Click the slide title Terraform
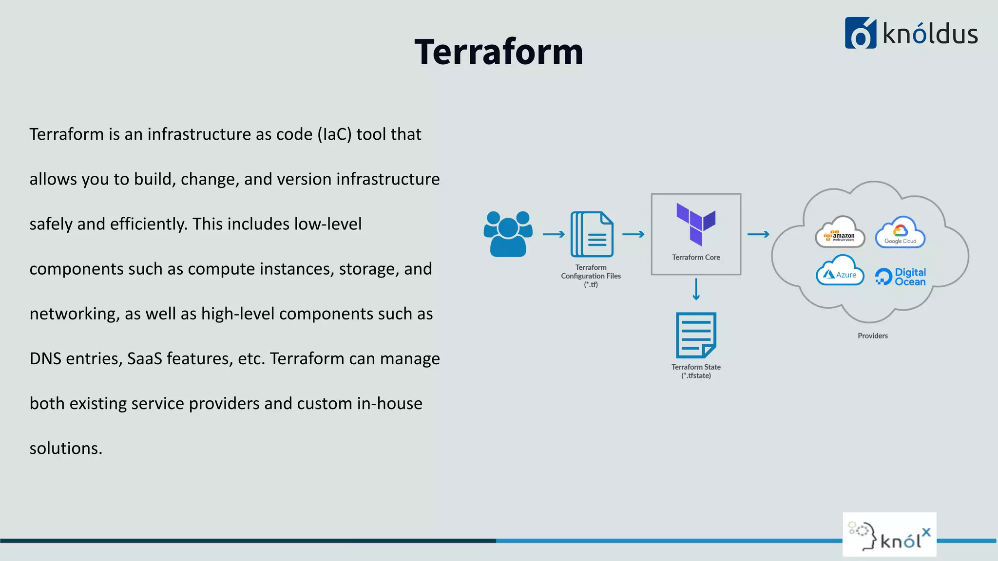coord(499,52)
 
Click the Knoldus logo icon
coord(860,33)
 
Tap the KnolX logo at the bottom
coord(889,535)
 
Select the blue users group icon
coord(508,234)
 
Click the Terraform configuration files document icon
coord(592,234)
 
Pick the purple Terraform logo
coord(696,224)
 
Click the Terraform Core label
coord(696,257)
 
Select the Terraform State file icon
coord(696,335)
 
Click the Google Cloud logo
coord(900,233)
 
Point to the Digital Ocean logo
coord(901,277)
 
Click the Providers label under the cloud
coord(872,336)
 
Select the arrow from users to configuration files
coord(554,234)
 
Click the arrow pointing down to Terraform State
coord(696,289)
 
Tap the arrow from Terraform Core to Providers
coord(758,234)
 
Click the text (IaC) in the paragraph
coord(334,134)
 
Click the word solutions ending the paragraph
coord(66,449)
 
